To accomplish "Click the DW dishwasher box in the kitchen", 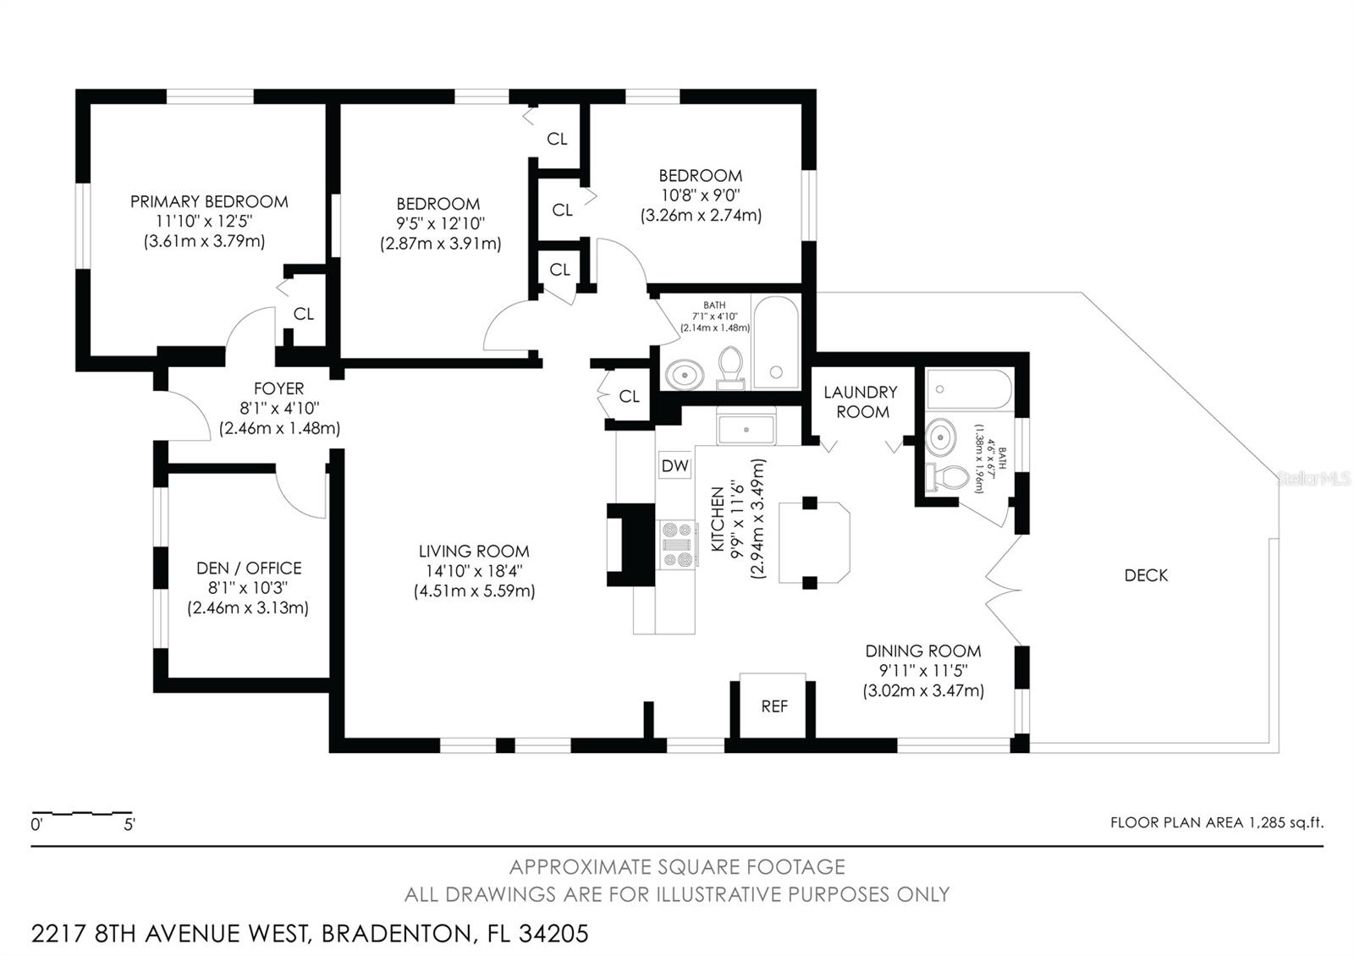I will point(674,465).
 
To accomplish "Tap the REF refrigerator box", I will point(773,706).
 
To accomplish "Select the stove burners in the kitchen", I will point(677,545).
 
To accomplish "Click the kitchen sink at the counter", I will point(746,429).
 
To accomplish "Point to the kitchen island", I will point(813,542).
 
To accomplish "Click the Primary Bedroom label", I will point(209,201).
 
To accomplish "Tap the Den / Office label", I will point(249,568).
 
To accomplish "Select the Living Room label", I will point(474,551).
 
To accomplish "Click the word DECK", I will point(1146,575).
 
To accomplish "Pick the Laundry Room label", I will point(861,402).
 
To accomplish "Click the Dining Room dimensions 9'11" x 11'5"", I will point(922,671).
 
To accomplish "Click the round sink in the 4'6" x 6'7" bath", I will point(939,437).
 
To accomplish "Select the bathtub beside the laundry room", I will point(968,389).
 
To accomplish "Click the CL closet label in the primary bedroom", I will point(303,314).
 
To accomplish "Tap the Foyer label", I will point(278,388).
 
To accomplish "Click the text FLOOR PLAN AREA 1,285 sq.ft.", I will point(1216,822).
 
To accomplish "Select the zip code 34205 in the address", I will point(553,934).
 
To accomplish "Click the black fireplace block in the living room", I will point(630,545).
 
